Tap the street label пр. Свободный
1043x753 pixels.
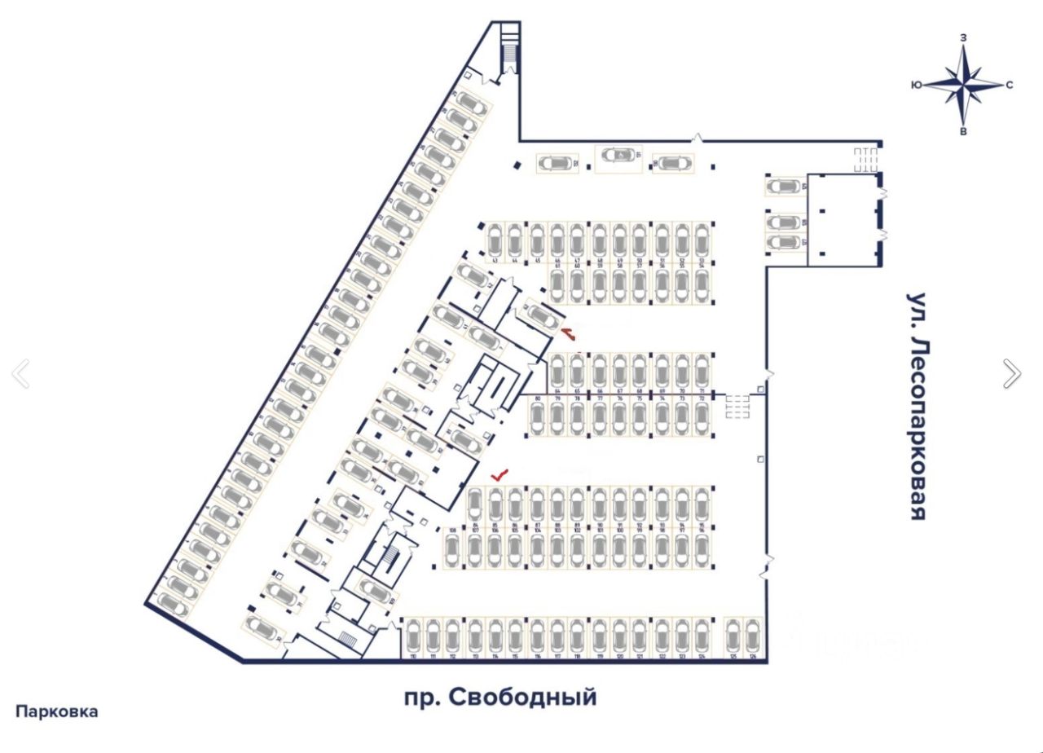pos(500,698)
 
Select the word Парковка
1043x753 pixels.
pos(57,711)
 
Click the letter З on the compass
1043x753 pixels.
pos(964,37)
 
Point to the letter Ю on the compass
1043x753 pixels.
pos(917,85)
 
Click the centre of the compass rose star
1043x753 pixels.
pos(964,84)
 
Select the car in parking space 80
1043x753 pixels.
pos(538,418)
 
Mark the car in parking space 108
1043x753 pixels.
pos(453,550)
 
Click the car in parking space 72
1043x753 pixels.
pos(702,418)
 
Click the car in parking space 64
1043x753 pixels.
pos(557,372)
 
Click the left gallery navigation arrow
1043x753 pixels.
pos(20,373)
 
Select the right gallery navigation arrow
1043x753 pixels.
pos(1011,373)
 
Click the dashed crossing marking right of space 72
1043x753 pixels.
pos(737,406)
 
